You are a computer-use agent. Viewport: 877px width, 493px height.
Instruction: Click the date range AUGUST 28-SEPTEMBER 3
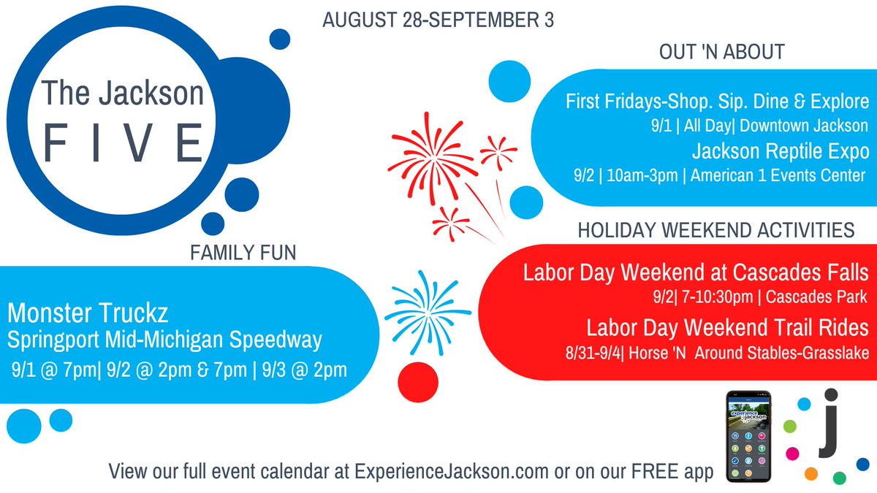[438, 20]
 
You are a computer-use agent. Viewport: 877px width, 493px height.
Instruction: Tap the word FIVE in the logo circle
[124, 142]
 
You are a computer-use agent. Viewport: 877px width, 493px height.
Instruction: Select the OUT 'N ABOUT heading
[721, 52]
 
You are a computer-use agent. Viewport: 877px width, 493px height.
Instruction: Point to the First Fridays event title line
[717, 101]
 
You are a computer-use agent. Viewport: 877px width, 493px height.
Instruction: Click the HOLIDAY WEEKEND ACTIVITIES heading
[715, 230]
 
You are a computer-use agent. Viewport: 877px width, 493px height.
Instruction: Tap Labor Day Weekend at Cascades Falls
[695, 273]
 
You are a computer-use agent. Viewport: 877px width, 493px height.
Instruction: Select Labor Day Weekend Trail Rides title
[726, 326]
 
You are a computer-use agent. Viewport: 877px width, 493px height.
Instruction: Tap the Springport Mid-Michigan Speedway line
[164, 340]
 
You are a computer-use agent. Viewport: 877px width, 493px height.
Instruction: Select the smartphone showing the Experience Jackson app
[748, 435]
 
